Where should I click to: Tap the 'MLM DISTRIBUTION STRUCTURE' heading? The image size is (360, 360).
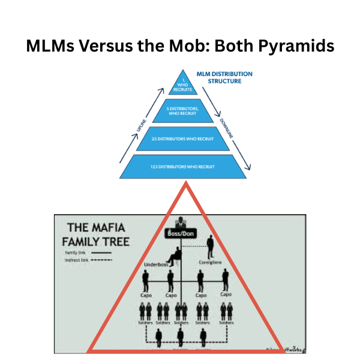[225, 78]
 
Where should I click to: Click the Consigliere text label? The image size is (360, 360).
[211, 262]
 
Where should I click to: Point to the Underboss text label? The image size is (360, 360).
[156, 265]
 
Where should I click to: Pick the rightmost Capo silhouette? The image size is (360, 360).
[226, 280]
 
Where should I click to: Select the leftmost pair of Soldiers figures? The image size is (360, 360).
[145, 311]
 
